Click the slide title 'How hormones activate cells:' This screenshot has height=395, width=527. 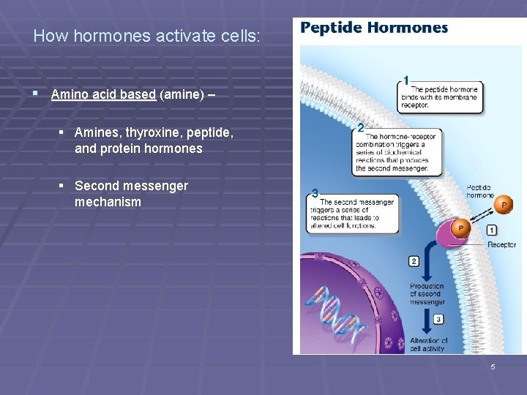click(x=146, y=35)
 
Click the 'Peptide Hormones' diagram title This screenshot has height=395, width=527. click(x=374, y=29)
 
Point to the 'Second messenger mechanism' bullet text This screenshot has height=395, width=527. click(x=131, y=194)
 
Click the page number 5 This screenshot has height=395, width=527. click(x=493, y=366)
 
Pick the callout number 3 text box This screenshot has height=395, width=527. click(x=354, y=214)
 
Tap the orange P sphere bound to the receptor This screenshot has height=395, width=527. click(x=460, y=229)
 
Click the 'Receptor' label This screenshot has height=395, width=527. click(x=501, y=245)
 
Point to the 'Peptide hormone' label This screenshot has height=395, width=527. click(x=481, y=192)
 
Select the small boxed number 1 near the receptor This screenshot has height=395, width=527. click(x=491, y=230)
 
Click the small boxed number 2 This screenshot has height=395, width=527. click(x=414, y=261)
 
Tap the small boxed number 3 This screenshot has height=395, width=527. click(x=438, y=319)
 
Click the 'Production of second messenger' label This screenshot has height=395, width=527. click(x=427, y=294)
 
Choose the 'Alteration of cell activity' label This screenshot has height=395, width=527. click(x=428, y=345)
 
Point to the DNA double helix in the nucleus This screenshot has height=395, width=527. click(x=337, y=307)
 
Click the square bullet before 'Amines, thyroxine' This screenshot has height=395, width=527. click(x=62, y=132)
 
